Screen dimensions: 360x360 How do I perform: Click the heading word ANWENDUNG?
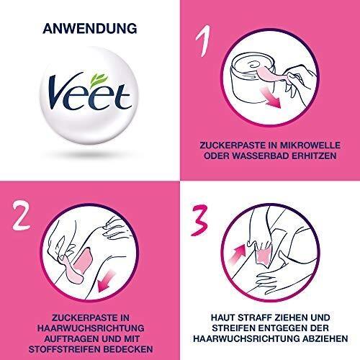pyautogui.click(x=90, y=29)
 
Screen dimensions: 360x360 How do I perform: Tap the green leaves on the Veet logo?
pyautogui.click(x=99, y=79)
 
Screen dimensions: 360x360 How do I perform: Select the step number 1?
pyautogui.click(x=204, y=40)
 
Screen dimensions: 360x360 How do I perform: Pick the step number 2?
pyautogui.click(x=22, y=216)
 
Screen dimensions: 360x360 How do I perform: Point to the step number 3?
pyautogui.click(x=199, y=220)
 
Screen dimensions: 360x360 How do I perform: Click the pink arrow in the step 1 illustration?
pyautogui.click(x=271, y=97)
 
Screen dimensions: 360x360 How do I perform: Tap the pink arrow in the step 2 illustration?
pyautogui.click(x=107, y=281)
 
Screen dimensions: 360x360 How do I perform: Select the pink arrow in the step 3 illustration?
pyautogui.click(x=237, y=255)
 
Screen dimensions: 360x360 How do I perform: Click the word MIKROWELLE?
pyautogui.click(x=310, y=145)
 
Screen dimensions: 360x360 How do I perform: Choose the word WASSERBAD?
pyautogui.click(x=261, y=156)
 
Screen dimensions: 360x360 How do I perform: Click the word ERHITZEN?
pyautogui.click(x=314, y=156)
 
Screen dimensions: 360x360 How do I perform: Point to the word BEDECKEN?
pyautogui.click(x=125, y=349)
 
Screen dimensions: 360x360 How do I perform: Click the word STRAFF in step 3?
pyautogui.click(x=253, y=318)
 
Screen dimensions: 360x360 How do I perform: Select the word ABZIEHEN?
pyautogui.click(x=325, y=338)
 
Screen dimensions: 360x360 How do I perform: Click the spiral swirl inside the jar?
pyautogui.click(x=254, y=64)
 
